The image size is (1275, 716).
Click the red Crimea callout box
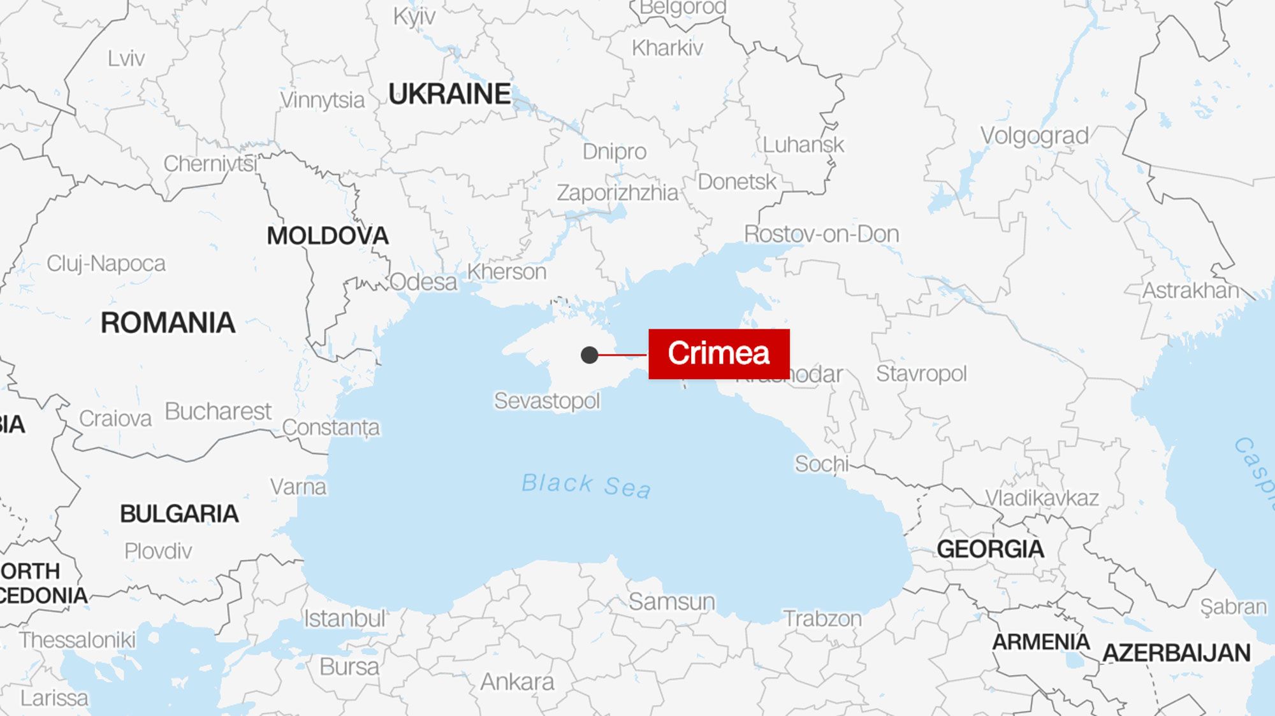[x=718, y=354]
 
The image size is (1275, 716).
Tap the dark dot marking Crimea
[x=589, y=355]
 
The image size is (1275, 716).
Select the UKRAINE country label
[x=449, y=94]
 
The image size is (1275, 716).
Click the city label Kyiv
[x=414, y=16]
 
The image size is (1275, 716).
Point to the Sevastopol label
[x=547, y=401]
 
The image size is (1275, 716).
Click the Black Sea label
[x=586, y=485]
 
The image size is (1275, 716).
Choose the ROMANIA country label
[x=168, y=323]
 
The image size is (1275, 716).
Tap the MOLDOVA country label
[x=328, y=236]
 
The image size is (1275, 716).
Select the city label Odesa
[x=423, y=282]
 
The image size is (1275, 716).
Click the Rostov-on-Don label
[x=821, y=234]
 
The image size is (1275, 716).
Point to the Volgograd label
[x=1034, y=136]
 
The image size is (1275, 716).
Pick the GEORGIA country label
[x=990, y=548]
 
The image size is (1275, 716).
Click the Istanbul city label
[x=344, y=618]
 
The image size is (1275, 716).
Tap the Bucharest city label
[x=218, y=412]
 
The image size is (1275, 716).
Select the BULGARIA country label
[x=179, y=513]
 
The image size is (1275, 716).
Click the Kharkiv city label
[x=667, y=48]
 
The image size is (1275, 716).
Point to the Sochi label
[x=821, y=464]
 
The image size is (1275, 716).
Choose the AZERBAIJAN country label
[x=1176, y=653]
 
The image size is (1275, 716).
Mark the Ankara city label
[x=517, y=682]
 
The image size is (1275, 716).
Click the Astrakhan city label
[x=1190, y=290]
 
